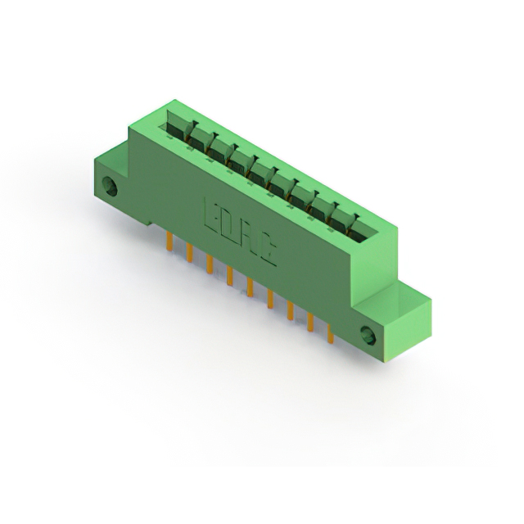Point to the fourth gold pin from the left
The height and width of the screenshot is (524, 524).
click(x=230, y=275)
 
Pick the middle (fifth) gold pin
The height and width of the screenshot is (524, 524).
click(x=250, y=286)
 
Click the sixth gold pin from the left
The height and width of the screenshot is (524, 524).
click(x=269, y=297)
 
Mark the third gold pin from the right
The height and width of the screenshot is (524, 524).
click(x=290, y=309)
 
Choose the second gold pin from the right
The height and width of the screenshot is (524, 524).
click(x=310, y=321)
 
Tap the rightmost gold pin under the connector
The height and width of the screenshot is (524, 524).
click(x=330, y=332)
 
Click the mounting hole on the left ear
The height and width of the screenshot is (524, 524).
click(x=111, y=188)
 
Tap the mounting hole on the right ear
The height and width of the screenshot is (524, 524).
click(x=369, y=336)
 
